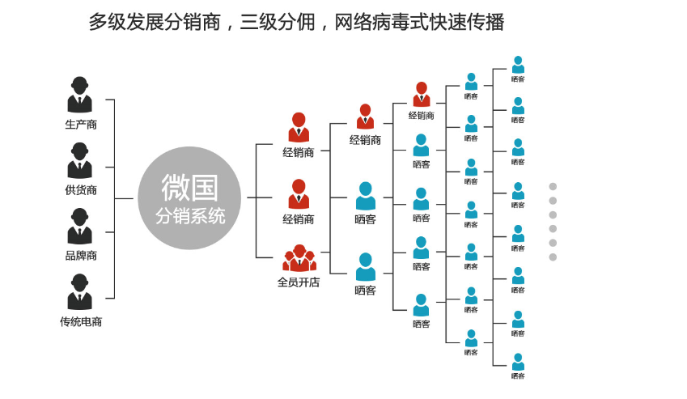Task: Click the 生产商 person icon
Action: tap(79, 95)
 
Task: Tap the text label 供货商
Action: tap(81, 190)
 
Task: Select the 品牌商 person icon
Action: tap(79, 226)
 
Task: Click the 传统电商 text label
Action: tap(81, 321)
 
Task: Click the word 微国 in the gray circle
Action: tap(189, 187)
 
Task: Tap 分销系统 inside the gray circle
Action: tap(189, 217)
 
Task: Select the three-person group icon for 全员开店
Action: tap(299, 258)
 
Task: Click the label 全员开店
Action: tap(299, 282)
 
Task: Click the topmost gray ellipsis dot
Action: tap(553, 186)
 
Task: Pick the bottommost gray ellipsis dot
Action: tap(553, 257)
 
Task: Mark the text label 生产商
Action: tap(81, 125)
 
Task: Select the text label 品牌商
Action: tap(81, 256)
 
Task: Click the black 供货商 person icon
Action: tap(79, 160)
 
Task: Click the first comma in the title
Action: tap(230, 26)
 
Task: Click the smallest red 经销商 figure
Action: tap(421, 94)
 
